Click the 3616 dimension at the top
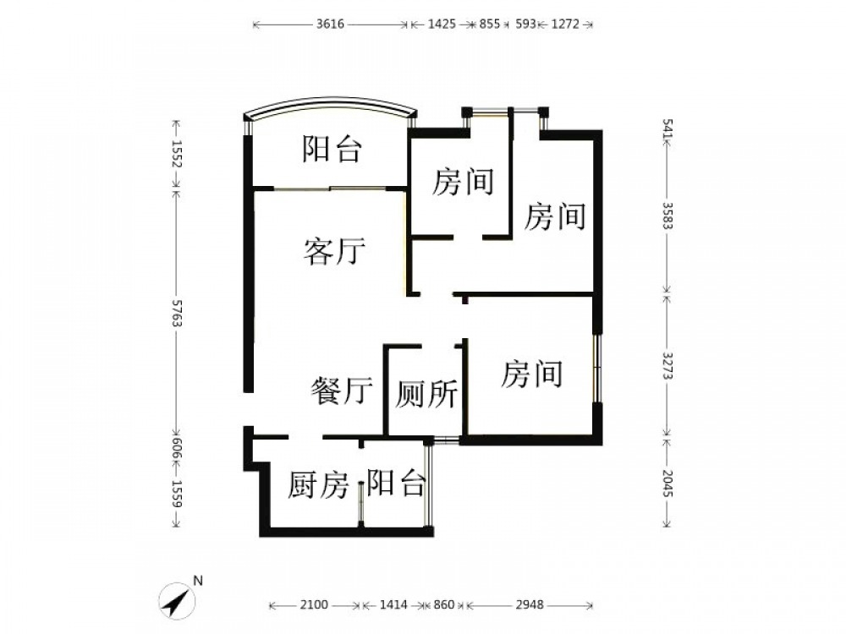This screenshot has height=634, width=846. (330, 25)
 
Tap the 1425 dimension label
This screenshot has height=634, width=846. (442, 25)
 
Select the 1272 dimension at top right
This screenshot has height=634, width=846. (565, 25)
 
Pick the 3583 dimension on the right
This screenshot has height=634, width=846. (667, 216)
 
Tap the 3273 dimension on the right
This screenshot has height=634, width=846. (667, 366)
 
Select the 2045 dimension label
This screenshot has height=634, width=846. (667, 484)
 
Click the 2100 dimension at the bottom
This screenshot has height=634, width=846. (314, 605)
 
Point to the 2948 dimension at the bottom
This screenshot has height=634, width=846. (530, 605)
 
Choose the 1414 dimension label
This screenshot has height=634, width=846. (393, 605)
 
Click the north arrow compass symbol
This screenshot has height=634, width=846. (177, 600)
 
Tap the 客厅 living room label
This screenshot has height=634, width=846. (334, 251)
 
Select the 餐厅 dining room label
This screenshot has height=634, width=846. (342, 391)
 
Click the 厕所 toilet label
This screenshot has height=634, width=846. (426, 394)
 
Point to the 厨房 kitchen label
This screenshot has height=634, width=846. (318, 484)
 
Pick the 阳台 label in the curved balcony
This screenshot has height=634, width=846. (332, 149)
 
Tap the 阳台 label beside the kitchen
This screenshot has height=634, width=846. (396, 483)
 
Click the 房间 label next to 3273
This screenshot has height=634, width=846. (532, 374)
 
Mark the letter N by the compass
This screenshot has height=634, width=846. (198, 581)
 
